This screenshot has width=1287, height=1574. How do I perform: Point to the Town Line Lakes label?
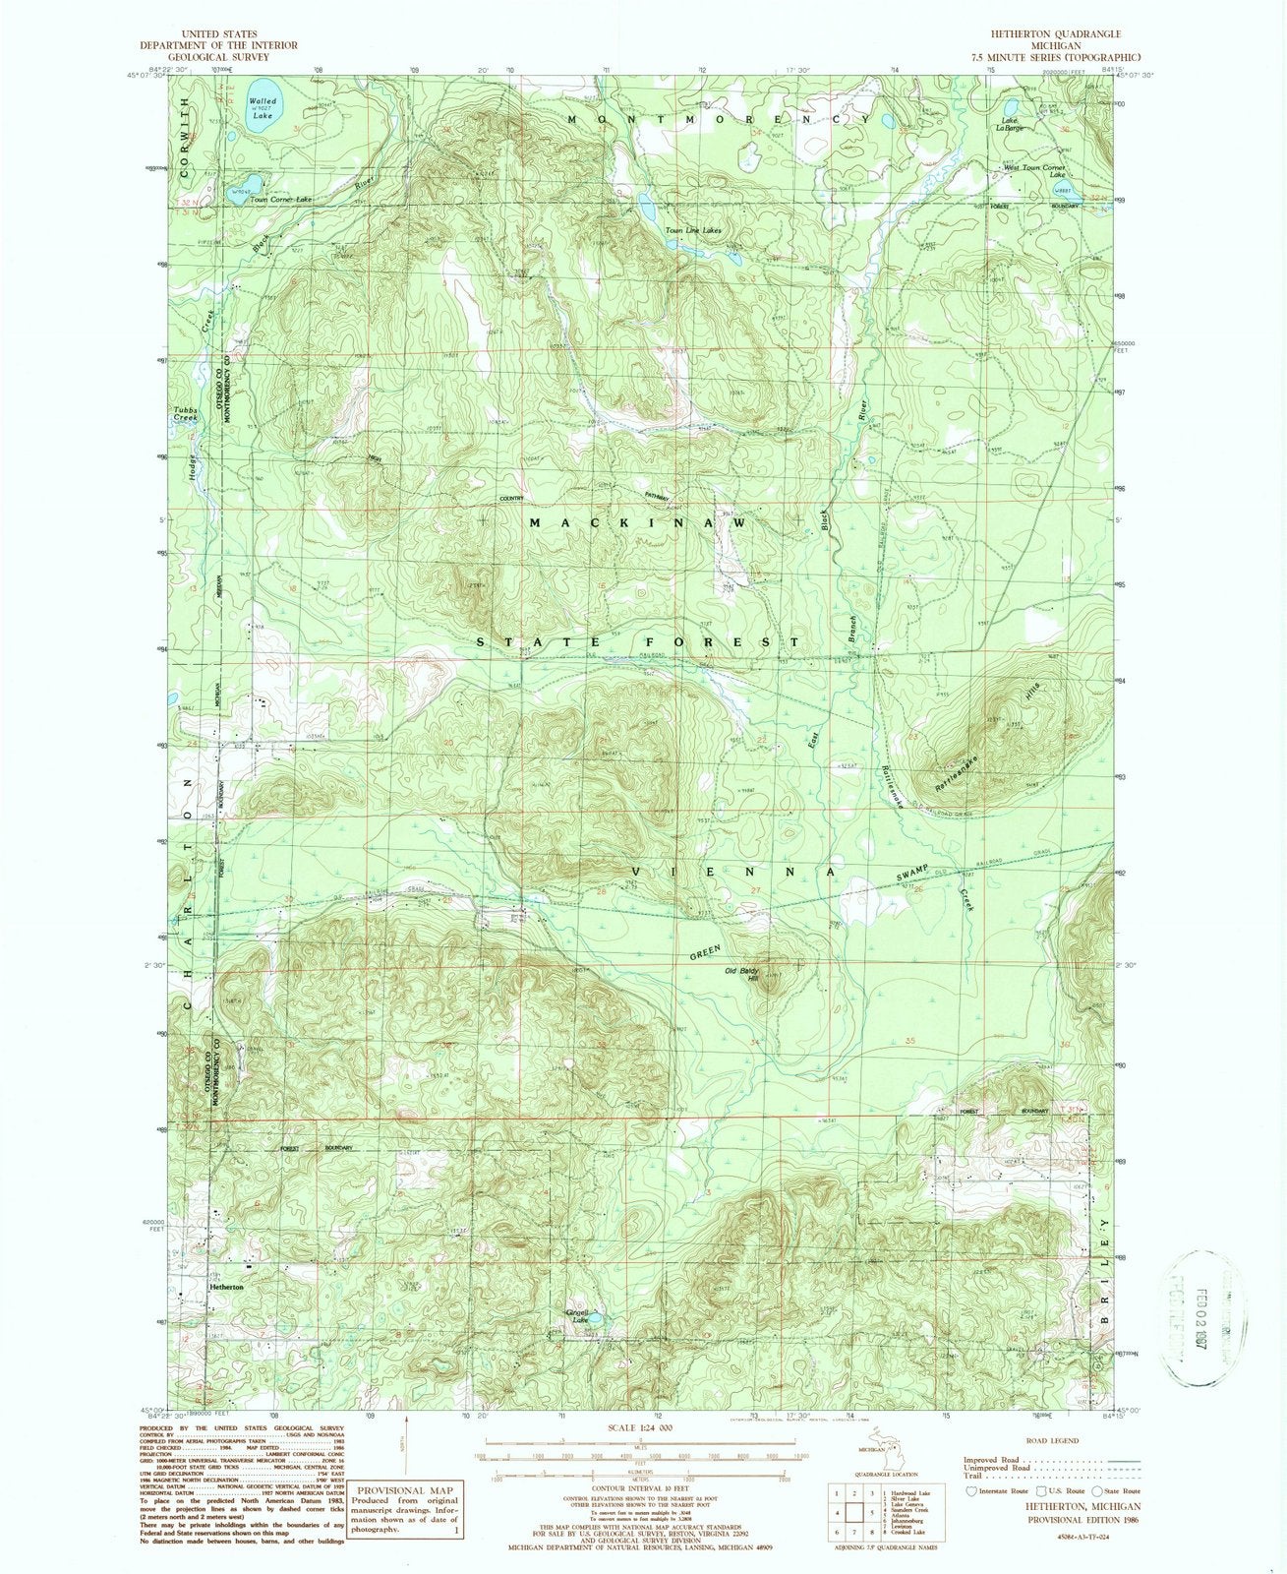(x=693, y=231)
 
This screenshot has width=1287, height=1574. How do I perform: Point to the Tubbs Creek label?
(x=185, y=413)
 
